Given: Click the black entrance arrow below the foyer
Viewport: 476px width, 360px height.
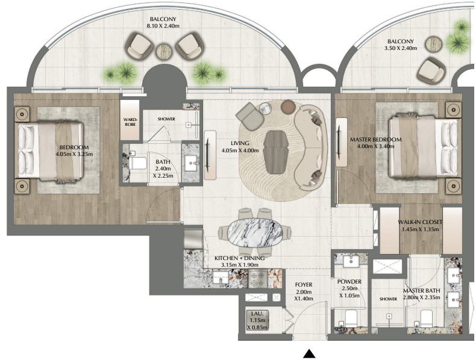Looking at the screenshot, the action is [x=309, y=353].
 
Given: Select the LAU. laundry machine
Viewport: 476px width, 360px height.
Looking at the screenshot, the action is [x=258, y=320].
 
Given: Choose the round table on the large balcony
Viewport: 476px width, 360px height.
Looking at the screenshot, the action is [x=164, y=52].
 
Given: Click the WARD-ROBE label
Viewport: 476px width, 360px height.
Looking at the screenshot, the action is [x=130, y=122].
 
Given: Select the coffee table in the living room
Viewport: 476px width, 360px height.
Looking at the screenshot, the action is [x=275, y=152].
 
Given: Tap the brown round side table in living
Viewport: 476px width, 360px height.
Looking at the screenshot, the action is [x=288, y=107].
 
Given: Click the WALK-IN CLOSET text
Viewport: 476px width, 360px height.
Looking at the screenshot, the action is [x=420, y=222].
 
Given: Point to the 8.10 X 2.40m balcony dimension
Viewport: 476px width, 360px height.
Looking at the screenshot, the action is [x=163, y=26].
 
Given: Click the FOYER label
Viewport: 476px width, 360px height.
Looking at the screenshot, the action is [x=304, y=285].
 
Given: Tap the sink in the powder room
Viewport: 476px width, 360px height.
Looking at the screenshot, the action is [x=351, y=261].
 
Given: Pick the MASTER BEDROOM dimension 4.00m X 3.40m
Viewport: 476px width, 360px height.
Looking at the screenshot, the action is [x=376, y=146].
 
